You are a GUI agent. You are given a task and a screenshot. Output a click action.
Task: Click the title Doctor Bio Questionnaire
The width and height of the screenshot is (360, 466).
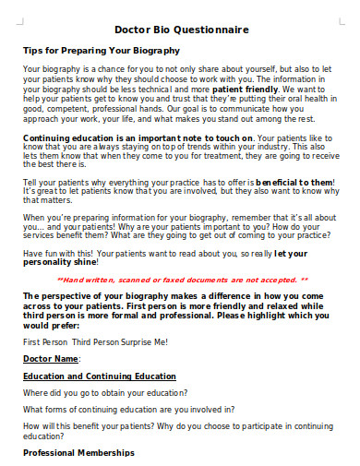pos(182,30)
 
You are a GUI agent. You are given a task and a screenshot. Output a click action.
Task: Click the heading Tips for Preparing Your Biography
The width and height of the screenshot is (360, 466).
pos(101,51)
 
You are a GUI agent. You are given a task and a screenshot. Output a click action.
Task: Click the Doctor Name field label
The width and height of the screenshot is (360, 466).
pos(52,358)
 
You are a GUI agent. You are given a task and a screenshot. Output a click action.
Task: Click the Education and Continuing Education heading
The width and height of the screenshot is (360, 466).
pos(100,376)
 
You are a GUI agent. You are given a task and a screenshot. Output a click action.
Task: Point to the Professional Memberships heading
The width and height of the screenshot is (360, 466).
pos(78,453)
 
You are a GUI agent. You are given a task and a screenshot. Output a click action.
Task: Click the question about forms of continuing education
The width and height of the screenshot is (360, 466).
pos(128,410)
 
